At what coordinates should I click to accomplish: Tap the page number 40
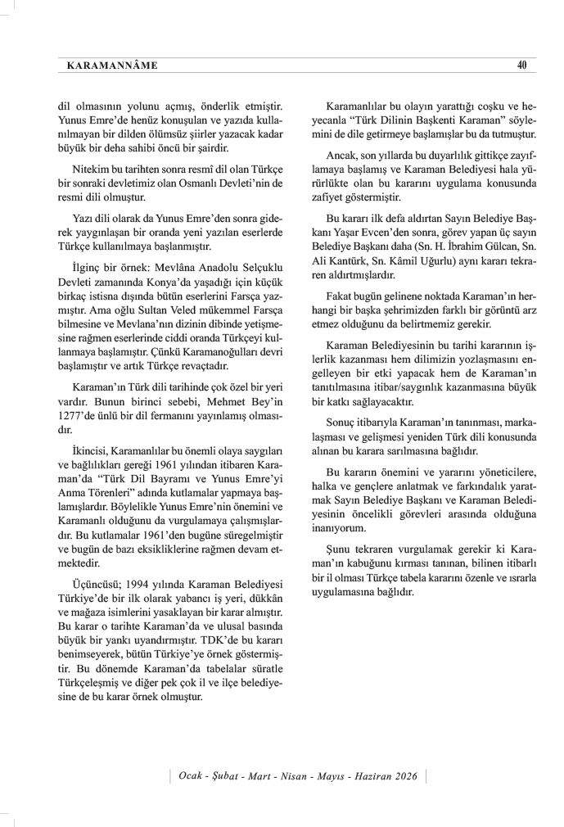click(x=521, y=65)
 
